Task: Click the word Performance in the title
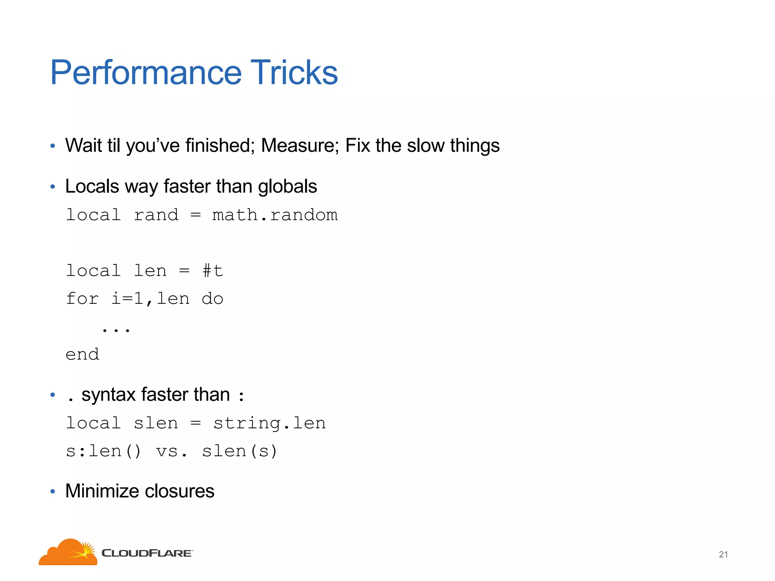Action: coord(146,73)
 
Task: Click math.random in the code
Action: coord(275,215)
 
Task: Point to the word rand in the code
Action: coord(156,215)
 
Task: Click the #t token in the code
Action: coord(213,271)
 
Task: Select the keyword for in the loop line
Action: coord(82,299)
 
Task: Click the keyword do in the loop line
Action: coord(212,299)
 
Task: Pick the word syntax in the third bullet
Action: coord(109,395)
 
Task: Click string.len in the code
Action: coord(269,423)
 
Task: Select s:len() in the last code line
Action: coord(103,451)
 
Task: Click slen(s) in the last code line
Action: coord(240,451)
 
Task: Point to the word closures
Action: coord(179,491)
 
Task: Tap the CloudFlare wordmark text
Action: coord(147,553)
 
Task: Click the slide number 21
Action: coord(723,555)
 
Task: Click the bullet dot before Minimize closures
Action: coord(53,492)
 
